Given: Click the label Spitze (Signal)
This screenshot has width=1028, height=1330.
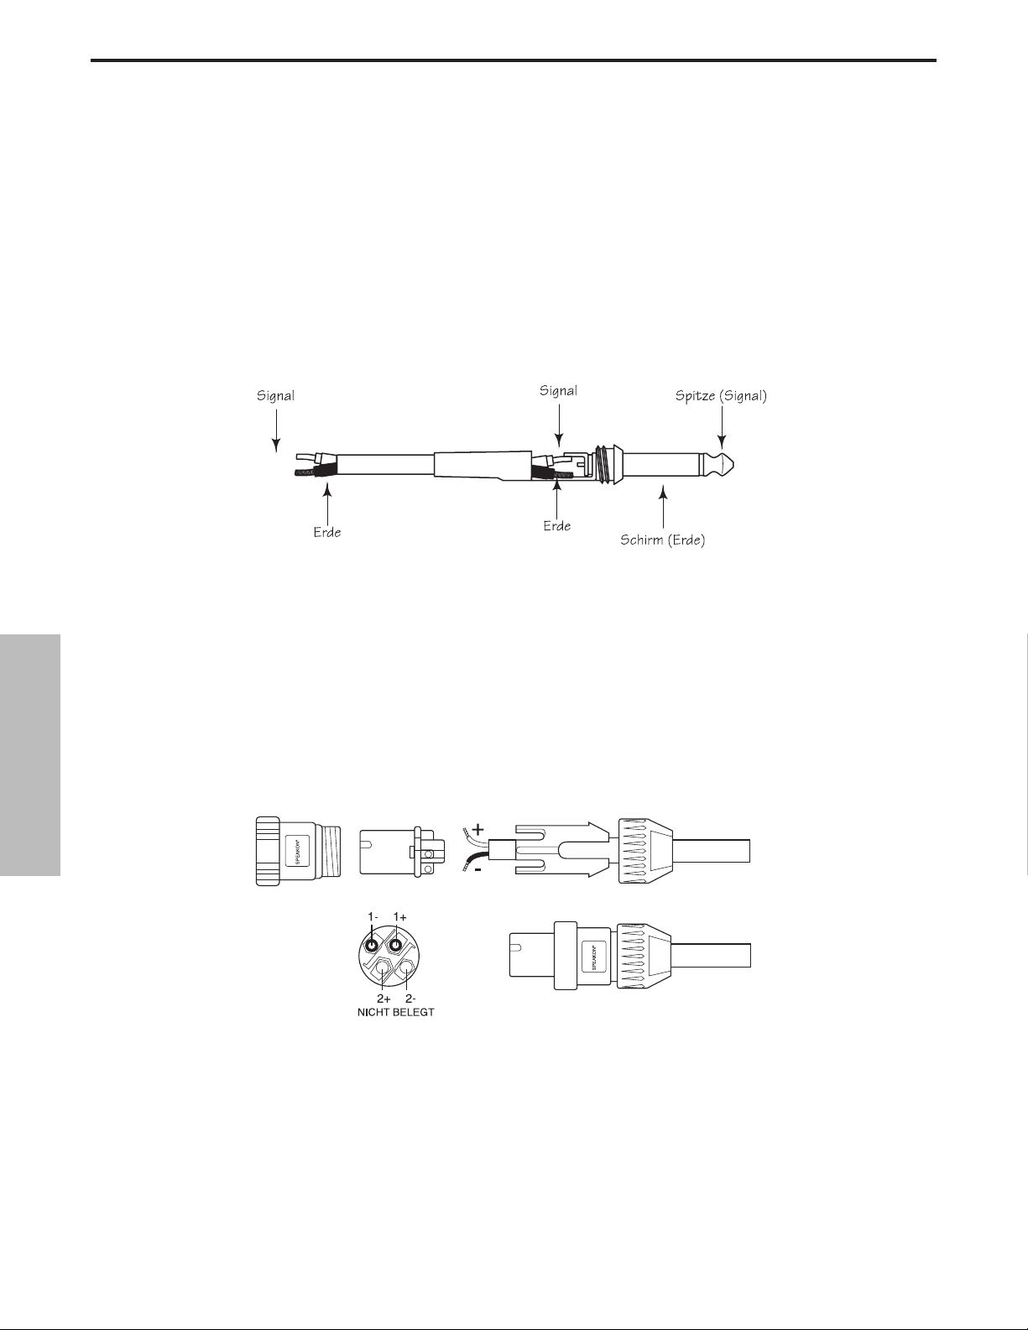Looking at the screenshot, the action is pyautogui.click(x=721, y=396).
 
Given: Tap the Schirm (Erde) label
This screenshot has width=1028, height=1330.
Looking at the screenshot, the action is pyautogui.click(x=663, y=540).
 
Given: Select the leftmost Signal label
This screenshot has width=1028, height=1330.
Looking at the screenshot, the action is pyautogui.click(x=275, y=396).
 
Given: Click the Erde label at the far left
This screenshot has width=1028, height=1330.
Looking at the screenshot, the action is pyautogui.click(x=327, y=532).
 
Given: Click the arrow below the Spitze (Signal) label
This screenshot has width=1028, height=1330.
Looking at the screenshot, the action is pyautogui.click(x=722, y=429).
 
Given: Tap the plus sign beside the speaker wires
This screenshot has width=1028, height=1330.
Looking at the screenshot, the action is pyautogui.click(x=478, y=830).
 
